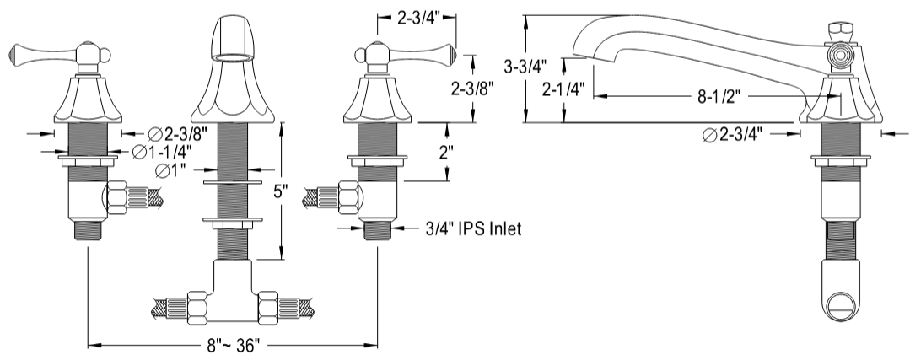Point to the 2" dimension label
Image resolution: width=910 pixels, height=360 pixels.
(x=449, y=153)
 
